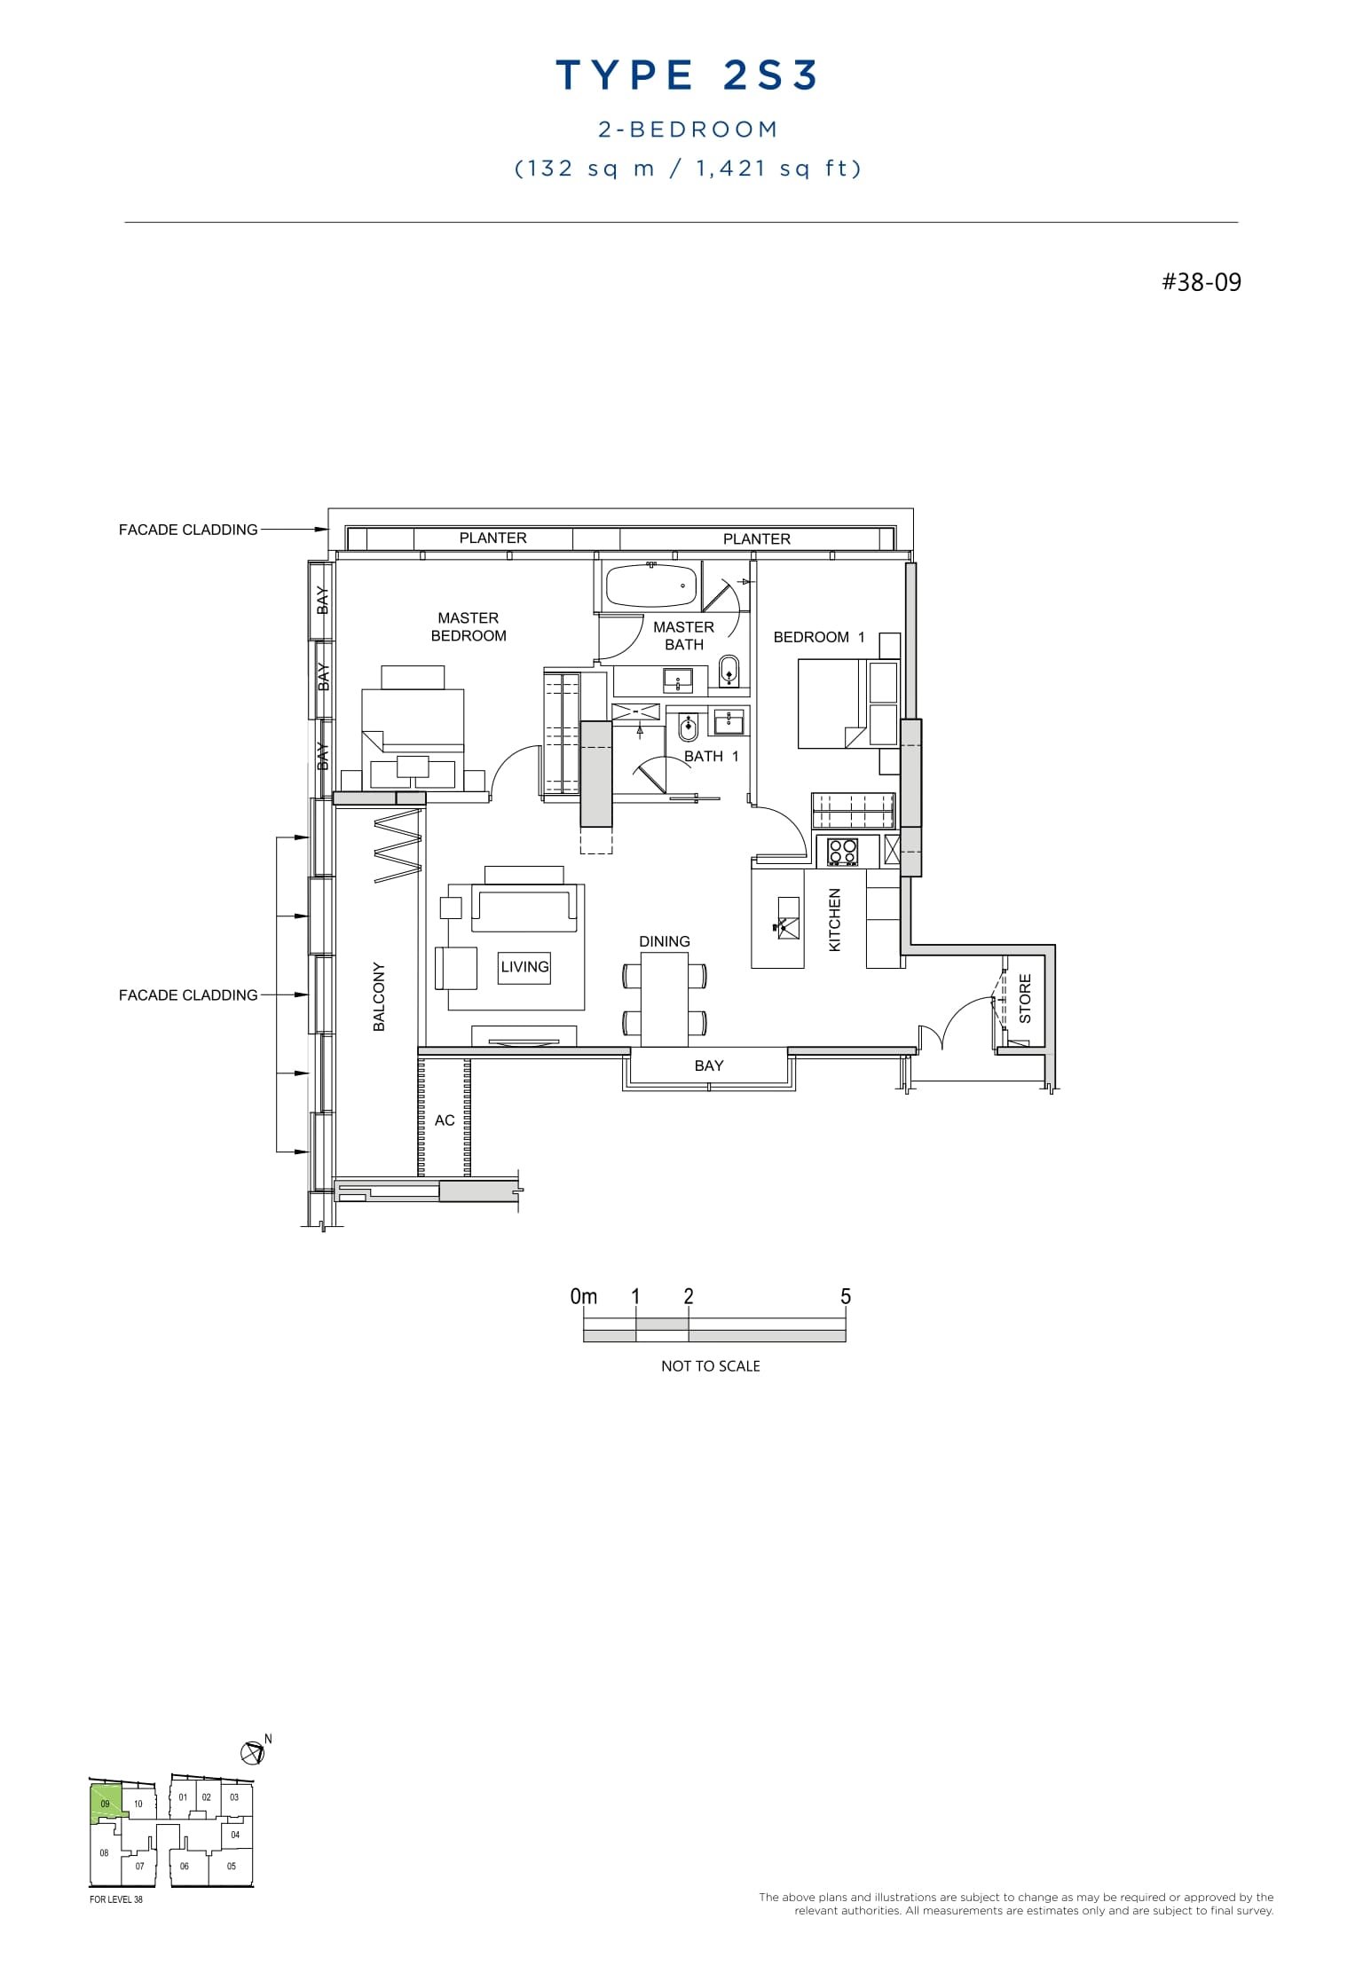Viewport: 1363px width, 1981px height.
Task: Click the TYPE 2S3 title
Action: [x=687, y=75]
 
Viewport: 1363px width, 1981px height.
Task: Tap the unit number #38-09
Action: [x=1201, y=283]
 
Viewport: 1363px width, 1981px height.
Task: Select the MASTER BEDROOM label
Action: [x=469, y=626]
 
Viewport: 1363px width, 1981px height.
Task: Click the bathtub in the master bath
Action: [x=650, y=586]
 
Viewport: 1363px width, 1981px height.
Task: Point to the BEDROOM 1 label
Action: [x=818, y=637]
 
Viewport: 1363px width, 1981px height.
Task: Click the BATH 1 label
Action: [x=711, y=756]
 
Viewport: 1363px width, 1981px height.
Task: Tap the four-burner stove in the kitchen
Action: [x=843, y=852]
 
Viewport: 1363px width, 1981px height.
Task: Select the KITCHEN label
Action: [x=834, y=920]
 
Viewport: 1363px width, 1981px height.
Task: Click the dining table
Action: [x=665, y=999]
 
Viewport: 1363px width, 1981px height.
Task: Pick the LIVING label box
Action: [x=524, y=967]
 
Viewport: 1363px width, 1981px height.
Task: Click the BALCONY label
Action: [x=379, y=996]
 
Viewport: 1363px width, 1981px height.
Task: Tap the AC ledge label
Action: [x=445, y=1120]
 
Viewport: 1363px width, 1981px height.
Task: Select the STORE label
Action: [x=1025, y=998]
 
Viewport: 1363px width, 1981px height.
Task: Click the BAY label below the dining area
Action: [x=708, y=1065]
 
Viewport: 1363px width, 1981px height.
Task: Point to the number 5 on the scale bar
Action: [x=845, y=1296]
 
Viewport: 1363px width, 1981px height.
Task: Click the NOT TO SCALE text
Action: [x=710, y=1366]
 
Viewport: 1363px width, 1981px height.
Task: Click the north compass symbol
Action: [x=253, y=1752]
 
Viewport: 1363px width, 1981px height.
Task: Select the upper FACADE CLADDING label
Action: [x=188, y=530]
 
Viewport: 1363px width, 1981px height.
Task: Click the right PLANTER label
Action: [x=756, y=538]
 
